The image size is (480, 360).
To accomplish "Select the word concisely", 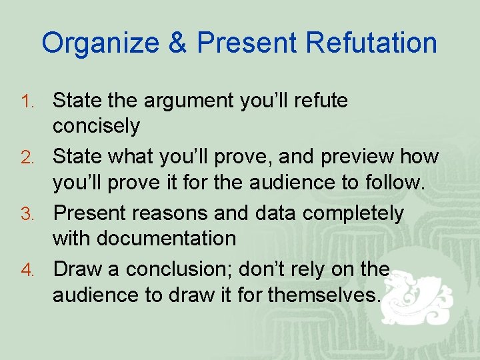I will pyautogui.click(x=96, y=126).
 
